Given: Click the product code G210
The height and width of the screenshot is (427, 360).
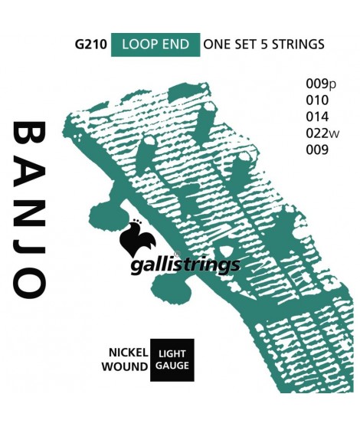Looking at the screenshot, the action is click(91, 44).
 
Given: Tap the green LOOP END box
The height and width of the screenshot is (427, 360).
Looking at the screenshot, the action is click(155, 44).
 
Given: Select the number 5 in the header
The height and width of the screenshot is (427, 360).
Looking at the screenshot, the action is click(264, 44).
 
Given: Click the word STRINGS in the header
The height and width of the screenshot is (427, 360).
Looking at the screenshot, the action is click(298, 44).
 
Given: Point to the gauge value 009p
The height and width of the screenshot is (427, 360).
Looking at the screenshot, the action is click(321, 84).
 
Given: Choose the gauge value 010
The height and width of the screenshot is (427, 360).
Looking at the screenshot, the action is click(317, 100).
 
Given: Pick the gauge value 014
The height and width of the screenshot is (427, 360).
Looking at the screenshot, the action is click(317, 117).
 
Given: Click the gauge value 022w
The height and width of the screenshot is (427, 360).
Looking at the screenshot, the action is click(322, 133).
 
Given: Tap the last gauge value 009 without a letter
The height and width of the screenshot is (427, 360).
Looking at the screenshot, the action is click(317, 149).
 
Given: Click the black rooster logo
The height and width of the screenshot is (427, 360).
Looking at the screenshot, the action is click(137, 239).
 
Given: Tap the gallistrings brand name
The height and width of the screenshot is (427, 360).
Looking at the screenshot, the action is click(185, 264).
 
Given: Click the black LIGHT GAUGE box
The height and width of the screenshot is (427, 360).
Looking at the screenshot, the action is click(172, 360).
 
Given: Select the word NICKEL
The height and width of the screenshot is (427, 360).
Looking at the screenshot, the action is click(129, 353).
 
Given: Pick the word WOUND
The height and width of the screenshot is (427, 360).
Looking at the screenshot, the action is click(125, 366).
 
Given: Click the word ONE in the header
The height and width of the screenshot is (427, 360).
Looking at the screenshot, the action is click(216, 44).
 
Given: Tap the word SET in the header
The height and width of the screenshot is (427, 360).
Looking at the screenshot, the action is click(245, 44).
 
